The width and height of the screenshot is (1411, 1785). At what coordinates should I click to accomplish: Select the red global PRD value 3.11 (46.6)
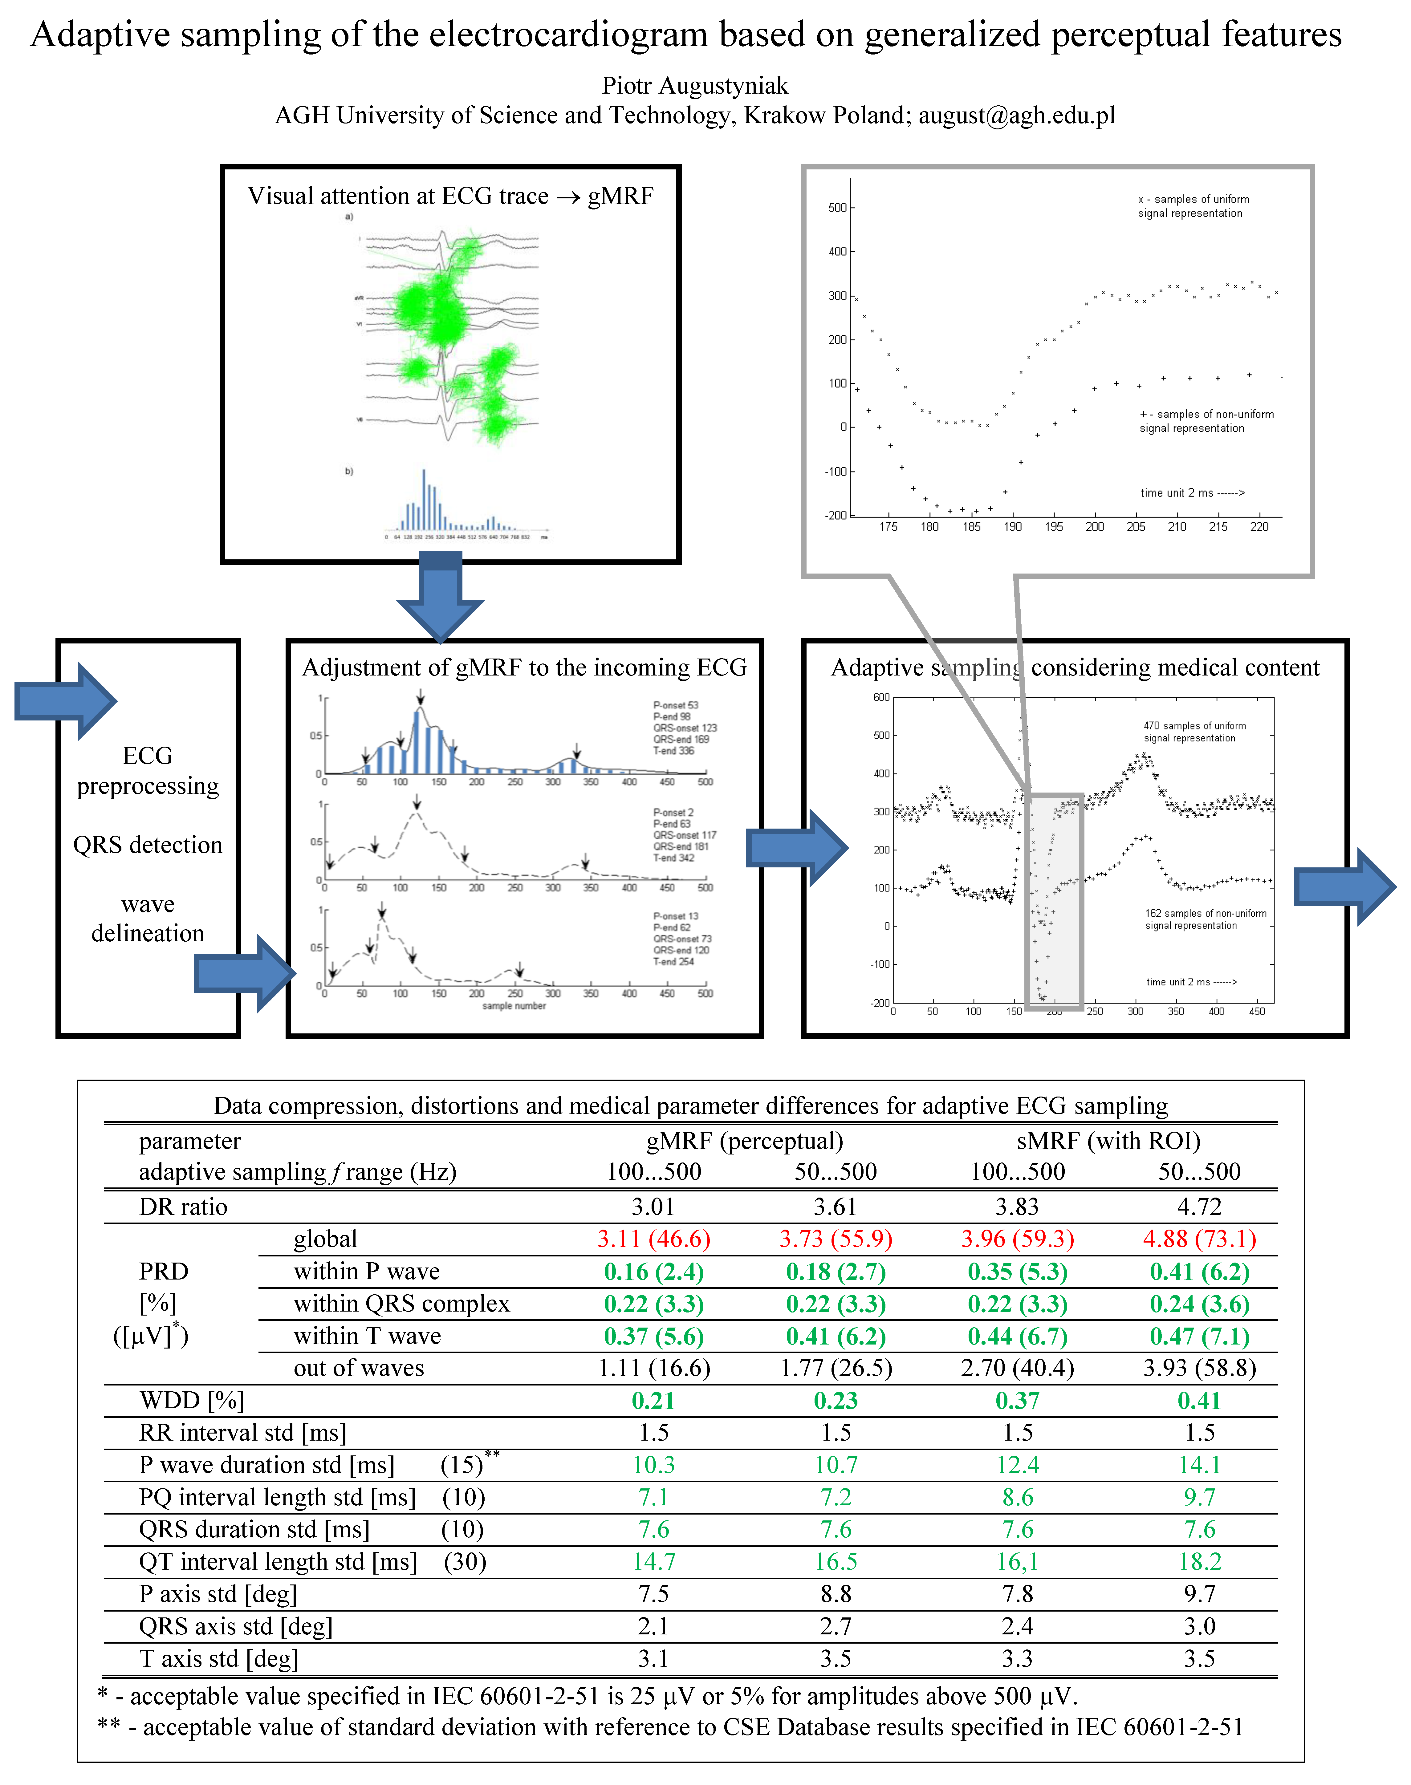[x=653, y=1239]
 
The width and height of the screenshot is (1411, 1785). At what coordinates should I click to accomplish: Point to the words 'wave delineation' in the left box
[x=148, y=919]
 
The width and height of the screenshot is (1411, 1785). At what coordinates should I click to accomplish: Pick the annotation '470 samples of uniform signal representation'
[x=1194, y=732]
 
